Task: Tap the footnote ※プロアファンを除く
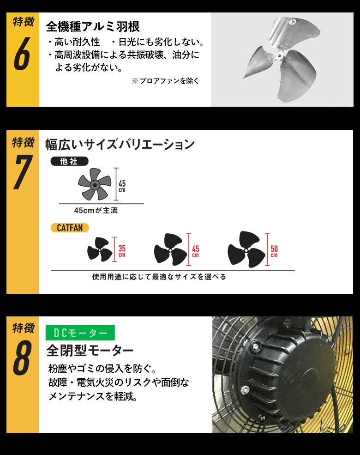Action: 166,81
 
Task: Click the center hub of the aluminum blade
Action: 279,55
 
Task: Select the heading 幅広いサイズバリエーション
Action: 120,144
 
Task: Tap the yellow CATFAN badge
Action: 70,227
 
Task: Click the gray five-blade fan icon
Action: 94,184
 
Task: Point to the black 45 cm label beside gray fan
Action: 122,186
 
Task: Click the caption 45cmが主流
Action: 96,210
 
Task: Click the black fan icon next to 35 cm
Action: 100,251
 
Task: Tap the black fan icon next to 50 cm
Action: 246,250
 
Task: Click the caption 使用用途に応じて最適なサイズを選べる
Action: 159,277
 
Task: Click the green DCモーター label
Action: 80,333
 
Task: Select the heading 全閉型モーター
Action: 90,351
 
